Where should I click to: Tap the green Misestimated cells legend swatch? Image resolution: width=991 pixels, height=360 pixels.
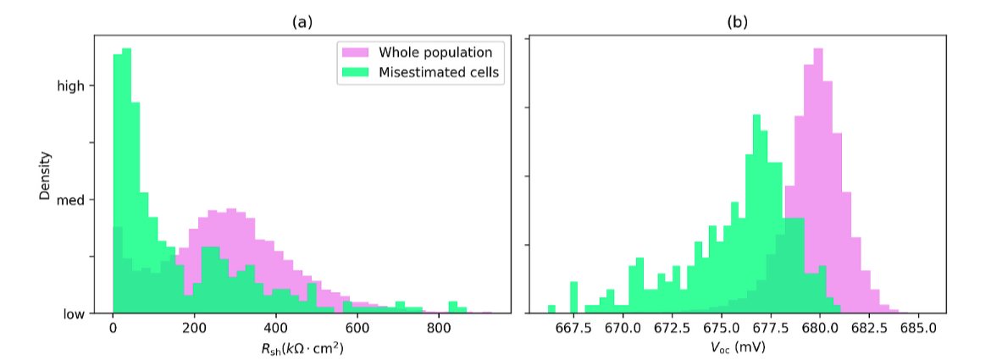(355, 73)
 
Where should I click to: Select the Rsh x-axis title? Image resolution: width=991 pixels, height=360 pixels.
(302, 347)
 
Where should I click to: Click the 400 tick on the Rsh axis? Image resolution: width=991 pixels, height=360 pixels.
(275, 329)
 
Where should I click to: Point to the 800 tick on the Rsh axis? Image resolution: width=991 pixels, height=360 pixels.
(438, 329)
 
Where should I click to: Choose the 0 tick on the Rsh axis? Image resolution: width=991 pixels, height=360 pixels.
(113, 329)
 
